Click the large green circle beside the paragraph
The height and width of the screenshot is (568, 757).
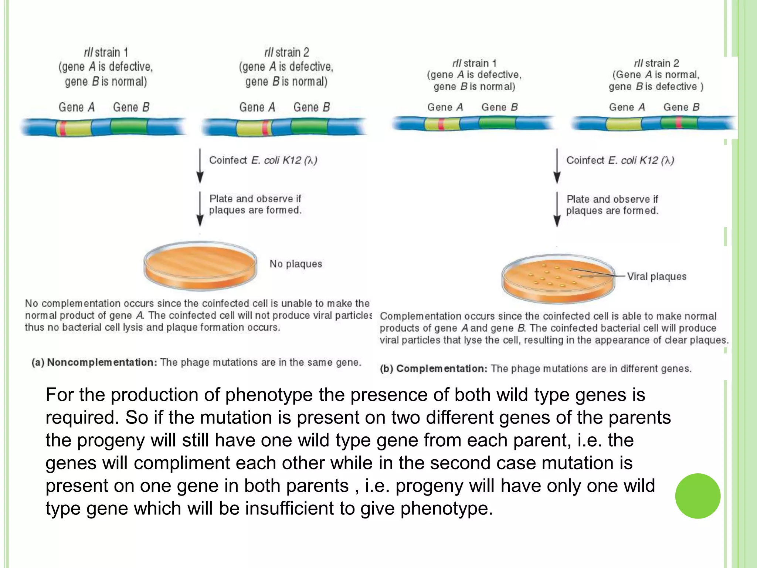pos(697,496)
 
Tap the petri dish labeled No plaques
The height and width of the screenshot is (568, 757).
pos(200,266)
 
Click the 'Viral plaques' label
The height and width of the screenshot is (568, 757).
pos(656,277)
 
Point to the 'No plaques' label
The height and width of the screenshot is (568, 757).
pos(296,264)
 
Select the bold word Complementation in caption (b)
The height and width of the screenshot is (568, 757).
pos(442,369)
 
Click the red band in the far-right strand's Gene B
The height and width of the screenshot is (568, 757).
pos(679,122)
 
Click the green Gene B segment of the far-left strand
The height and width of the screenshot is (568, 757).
pos(129,127)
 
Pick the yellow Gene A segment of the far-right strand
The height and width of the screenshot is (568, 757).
pos(624,124)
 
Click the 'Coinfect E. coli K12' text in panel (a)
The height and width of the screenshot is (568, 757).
pos(263,160)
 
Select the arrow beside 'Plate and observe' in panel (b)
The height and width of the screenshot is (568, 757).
pos(557,209)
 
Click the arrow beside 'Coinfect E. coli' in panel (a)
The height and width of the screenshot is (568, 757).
pos(200,166)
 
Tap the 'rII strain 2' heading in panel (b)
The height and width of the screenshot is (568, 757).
pos(656,63)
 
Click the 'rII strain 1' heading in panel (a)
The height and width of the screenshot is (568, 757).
pos(106,53)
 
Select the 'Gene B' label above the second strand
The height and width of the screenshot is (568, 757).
pos(312,107)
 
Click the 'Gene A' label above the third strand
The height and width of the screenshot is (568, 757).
pos(445,107)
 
